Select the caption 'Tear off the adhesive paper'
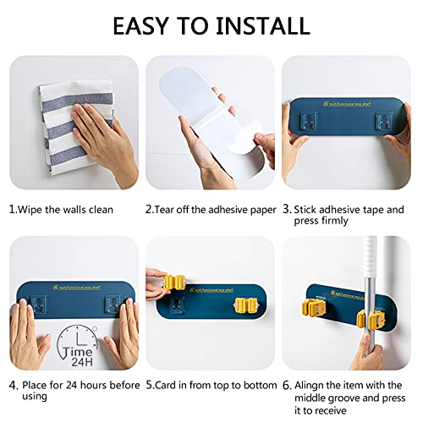216,209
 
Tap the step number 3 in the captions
287,209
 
